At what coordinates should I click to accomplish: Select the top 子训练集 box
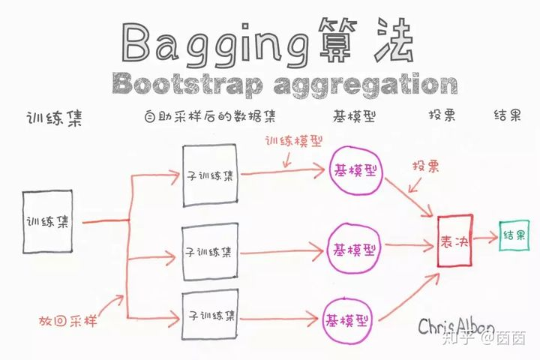(x=210, y=175)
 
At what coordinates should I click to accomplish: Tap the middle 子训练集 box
(x=210, y=251)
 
